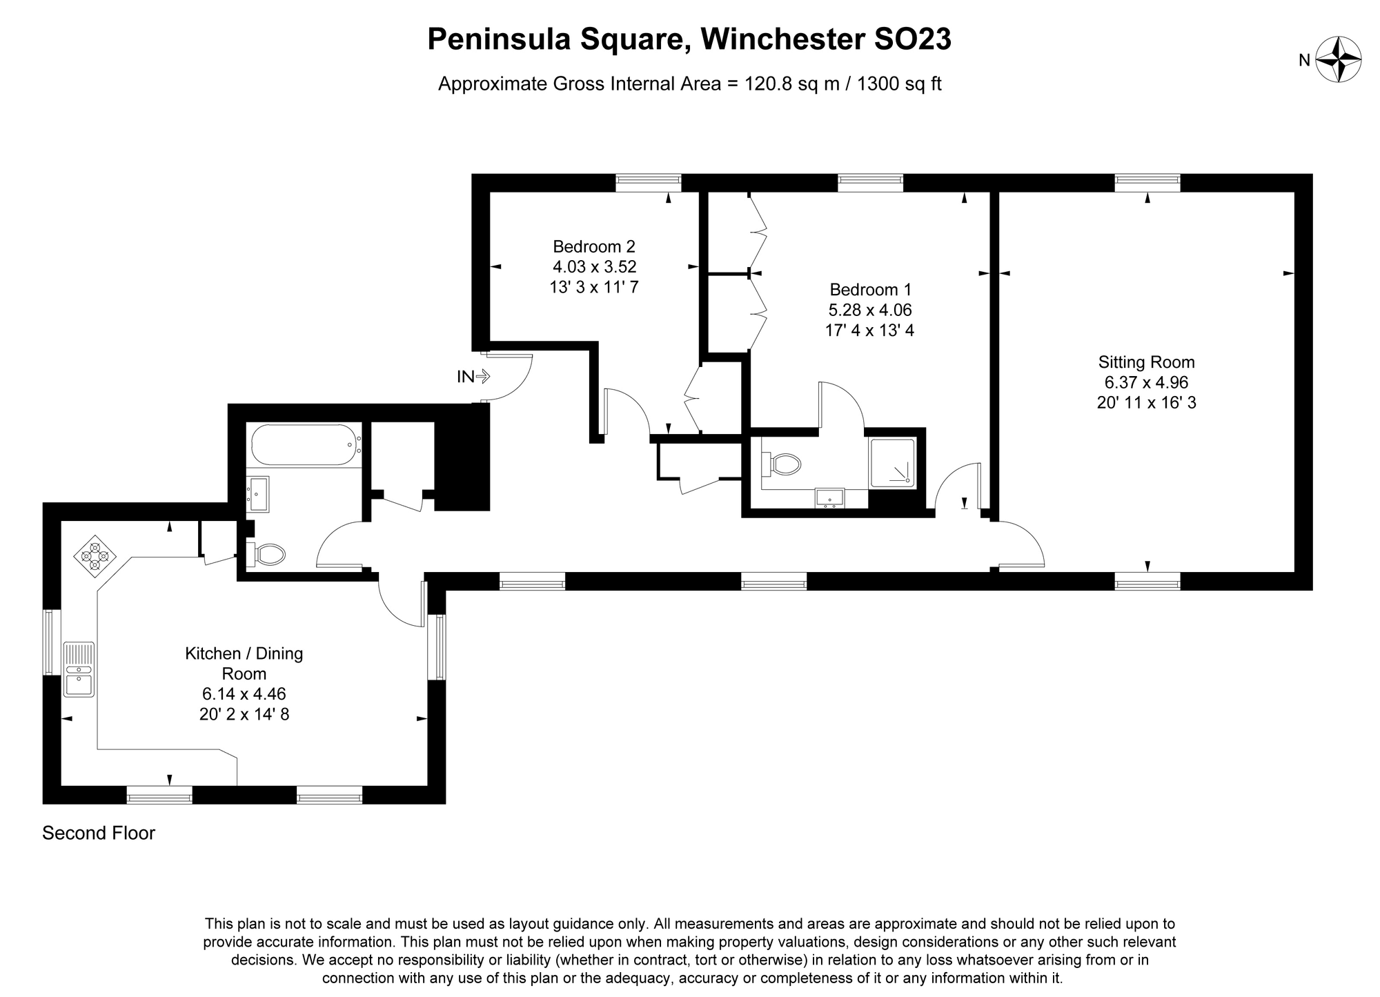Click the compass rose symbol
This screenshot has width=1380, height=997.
coord(1338,59)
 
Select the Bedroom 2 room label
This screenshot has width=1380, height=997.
coord(593,246)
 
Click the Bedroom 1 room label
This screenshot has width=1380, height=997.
coord(869,290)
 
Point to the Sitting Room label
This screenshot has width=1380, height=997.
coord(1146,362)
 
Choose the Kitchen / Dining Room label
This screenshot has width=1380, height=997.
coord(244,663)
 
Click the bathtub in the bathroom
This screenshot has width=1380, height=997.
coord(304,445)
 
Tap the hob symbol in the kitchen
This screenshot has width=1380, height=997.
coord(95,555)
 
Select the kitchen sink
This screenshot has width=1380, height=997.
coord(79,669)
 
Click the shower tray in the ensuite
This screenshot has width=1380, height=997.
coord(893,461)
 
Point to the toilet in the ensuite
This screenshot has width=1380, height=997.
coord(782,464)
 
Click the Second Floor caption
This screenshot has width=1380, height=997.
coord(99,833)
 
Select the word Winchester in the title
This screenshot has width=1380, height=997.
coord(782,39)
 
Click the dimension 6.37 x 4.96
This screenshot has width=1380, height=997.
coord(1146,382)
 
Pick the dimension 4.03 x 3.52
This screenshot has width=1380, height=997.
coord(593,266)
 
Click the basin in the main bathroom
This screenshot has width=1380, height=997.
coord(259,494)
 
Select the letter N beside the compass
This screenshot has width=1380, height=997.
coord(1304,61)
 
